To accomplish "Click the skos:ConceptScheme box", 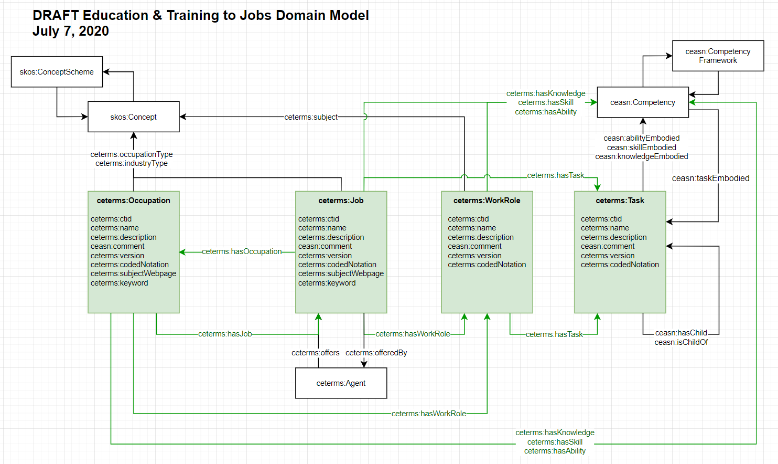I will [x=57, y=72].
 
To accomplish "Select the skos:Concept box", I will [x=133, y=117].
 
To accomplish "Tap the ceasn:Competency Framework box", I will [x=718, y=56].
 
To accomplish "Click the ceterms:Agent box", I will [x=341, y=383].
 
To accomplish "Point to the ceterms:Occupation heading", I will [x=133, y=201].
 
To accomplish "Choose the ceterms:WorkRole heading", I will [x=487, y=201].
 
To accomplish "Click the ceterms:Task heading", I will [x=620, y=201].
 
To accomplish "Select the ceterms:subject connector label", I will [x=311, y=117].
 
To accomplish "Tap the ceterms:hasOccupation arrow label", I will [x=242, y=251].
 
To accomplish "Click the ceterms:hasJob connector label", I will [x=225, y=334].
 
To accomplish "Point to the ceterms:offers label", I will [x=315, y=353].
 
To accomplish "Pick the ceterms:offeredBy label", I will [x=376, y=353].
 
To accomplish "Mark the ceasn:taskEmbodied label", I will [x=710, y=178].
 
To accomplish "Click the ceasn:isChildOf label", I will [x=681, y=342].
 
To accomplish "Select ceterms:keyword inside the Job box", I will [x=327, y=283].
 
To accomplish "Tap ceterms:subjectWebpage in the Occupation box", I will [x=133, y=273].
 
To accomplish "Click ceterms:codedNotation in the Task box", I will [x=620, y=265].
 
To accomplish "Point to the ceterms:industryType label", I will [x=132, y=163].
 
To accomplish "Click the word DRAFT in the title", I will [x=55, y=16].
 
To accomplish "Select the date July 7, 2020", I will [x=71, y=31].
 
